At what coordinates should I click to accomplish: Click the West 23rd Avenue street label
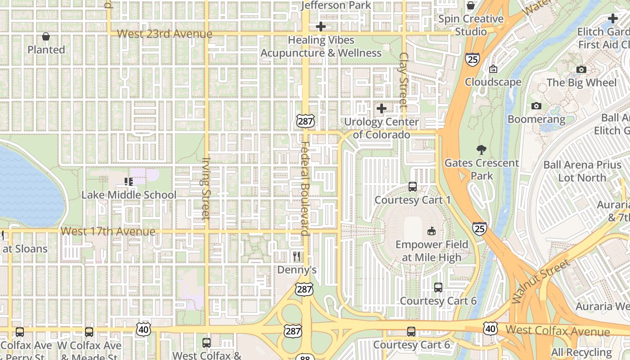click(164, 34)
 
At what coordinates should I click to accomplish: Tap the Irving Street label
click(206, 188)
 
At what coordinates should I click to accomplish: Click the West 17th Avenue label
click(108, 231)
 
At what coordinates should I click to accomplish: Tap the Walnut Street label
click(540, 281)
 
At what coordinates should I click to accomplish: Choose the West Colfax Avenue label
click(558, 331)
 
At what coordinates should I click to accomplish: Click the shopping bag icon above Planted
click(46, 36)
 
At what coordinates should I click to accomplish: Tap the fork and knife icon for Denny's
click(296, 256)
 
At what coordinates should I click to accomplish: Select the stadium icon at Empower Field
click(431, 231)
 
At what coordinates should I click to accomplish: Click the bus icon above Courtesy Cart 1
click(412, 186)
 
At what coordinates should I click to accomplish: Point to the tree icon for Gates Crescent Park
click(481, 150)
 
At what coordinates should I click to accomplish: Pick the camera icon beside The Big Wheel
click(581, 69)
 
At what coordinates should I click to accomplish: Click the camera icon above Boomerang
click(536, 106)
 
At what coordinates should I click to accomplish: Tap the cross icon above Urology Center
click(381, 108)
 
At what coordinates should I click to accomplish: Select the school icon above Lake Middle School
click(129, 182)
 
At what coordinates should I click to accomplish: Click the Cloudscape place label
click(493, 82)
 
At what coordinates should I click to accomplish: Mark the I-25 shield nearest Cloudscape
click(472, 59)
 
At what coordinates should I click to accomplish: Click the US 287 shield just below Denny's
click(304, 289)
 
